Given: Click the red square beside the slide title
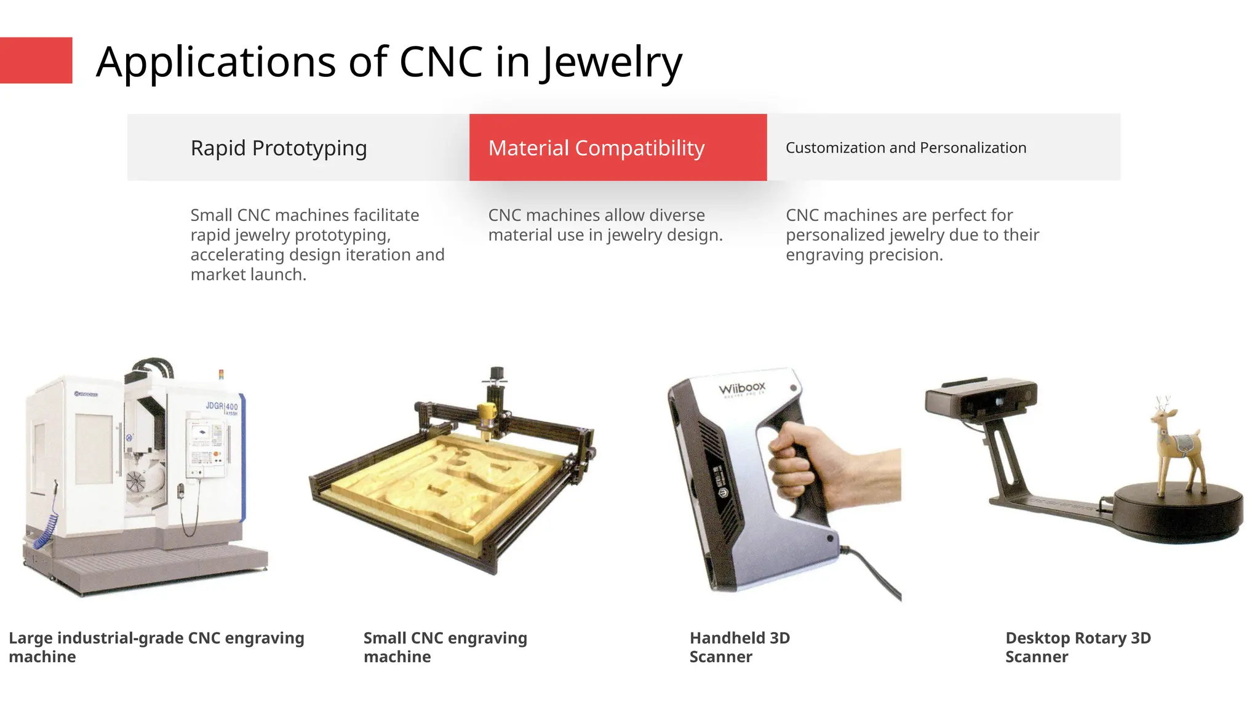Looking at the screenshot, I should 36,60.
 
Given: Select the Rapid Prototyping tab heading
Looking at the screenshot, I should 279,148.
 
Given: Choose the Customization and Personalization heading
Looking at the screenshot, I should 906,148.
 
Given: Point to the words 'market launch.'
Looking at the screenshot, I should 248,274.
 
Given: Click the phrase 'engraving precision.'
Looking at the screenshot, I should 864,255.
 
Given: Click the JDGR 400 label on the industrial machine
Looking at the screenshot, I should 221,406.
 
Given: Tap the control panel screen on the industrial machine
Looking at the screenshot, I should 201,434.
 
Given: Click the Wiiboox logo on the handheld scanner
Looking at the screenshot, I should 742,388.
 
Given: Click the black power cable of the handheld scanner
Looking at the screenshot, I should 874,572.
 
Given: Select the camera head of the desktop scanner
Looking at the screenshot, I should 981,398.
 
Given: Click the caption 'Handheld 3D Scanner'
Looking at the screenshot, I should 740,647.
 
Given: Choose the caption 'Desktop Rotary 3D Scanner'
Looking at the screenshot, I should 1078,647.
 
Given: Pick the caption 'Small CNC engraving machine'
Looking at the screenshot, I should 445,647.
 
